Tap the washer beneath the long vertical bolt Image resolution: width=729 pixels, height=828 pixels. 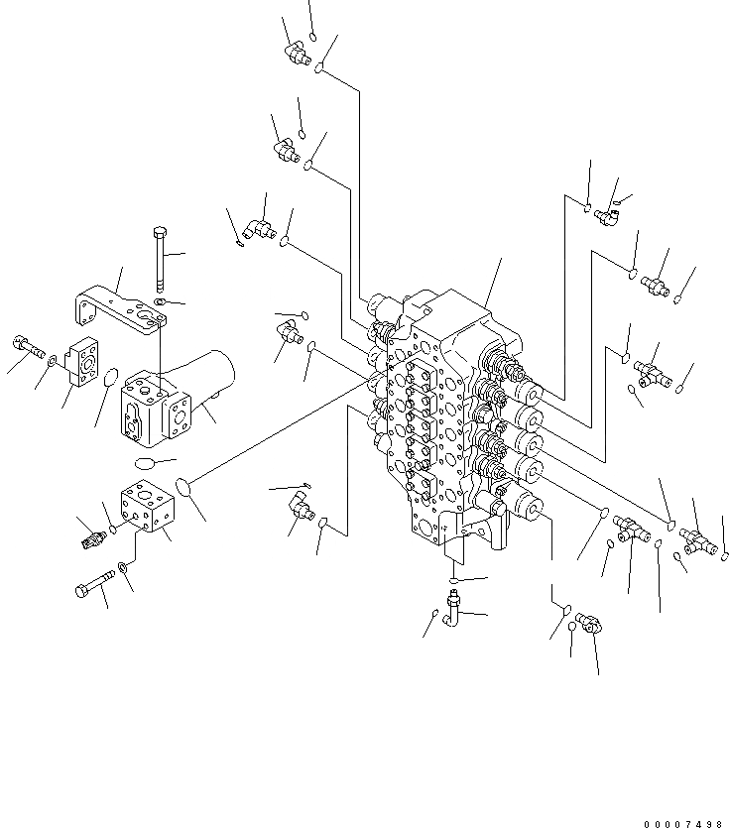tap(160, 300)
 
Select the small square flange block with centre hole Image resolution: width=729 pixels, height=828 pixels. tap(82, 365)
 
